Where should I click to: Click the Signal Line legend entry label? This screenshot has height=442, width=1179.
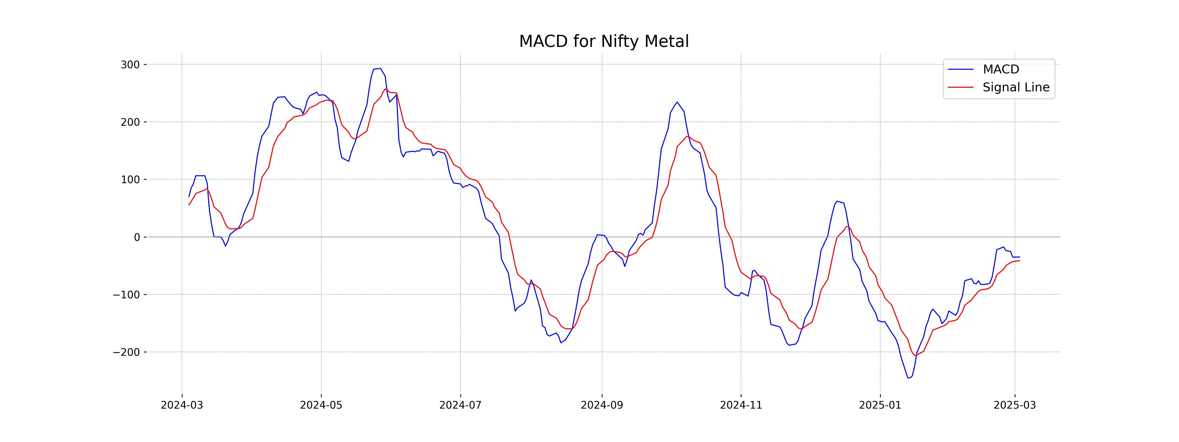[1016, 87]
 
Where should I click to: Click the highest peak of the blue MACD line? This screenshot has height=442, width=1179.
[380, 69]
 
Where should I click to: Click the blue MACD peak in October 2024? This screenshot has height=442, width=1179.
[677, 102]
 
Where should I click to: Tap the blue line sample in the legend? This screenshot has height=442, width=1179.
[960, 69]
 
